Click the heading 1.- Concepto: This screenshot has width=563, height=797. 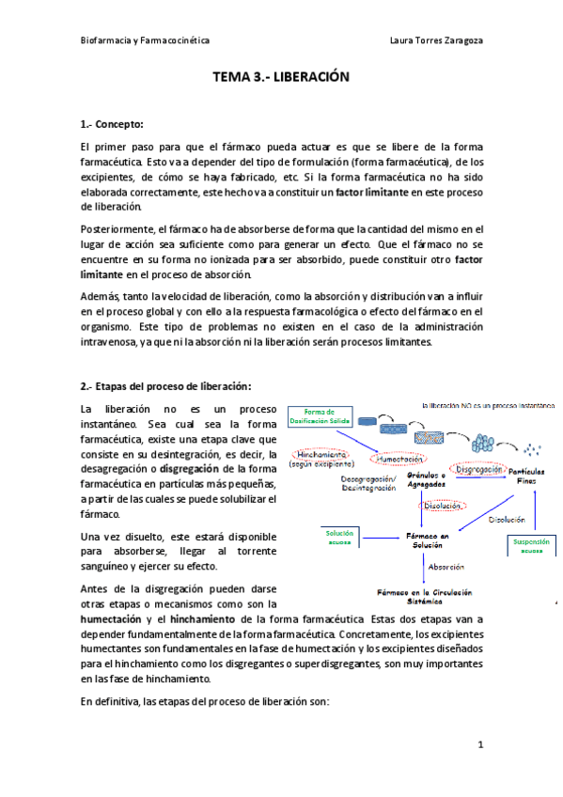112,123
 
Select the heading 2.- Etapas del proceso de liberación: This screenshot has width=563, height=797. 166,385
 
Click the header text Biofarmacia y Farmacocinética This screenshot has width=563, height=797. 145,41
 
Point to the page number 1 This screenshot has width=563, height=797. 479,745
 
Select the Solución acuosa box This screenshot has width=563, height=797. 339,538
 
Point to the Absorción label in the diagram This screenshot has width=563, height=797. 445,567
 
